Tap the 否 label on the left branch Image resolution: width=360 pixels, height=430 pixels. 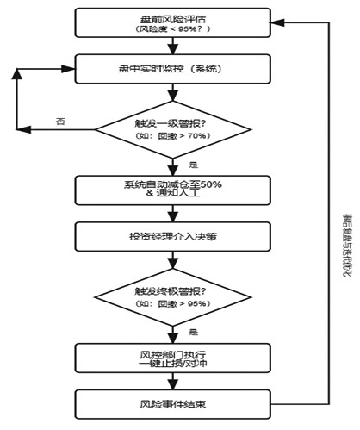click(x=59, y=121)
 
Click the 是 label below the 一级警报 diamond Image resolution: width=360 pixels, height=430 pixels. click(x=192, y=165)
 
